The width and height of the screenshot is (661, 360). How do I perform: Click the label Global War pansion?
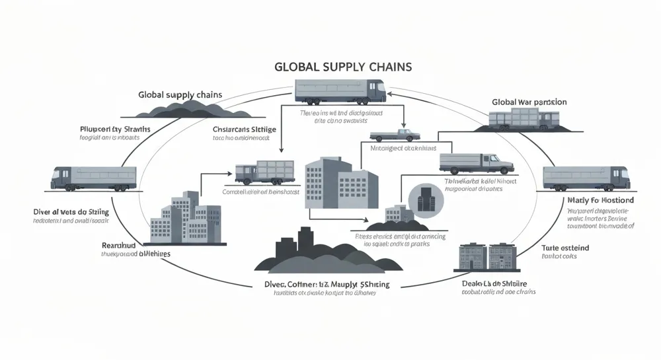[529, 102]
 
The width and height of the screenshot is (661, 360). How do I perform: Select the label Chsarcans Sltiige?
[244, 129]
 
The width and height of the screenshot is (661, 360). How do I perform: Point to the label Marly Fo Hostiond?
[600, 199]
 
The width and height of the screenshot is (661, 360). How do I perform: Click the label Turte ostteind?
[565, 248]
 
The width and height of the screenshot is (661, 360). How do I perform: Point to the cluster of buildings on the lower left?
[185, 217]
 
